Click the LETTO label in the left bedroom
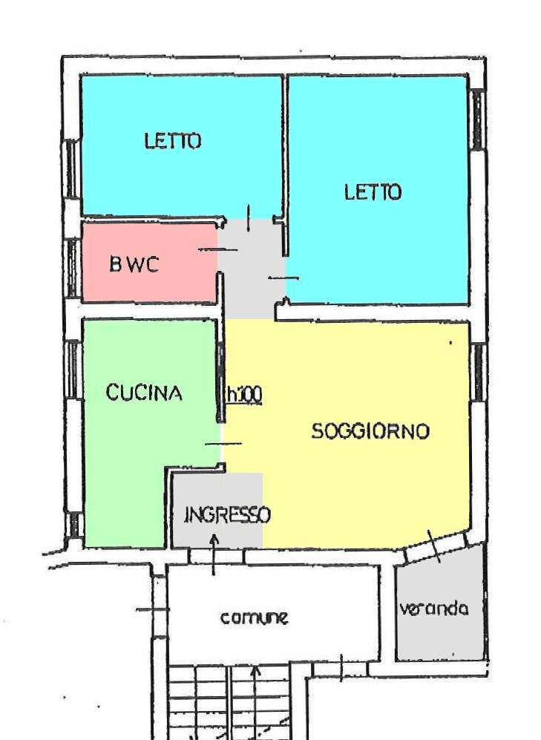[172, 141]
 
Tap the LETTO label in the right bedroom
[373, 193]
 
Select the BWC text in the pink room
[134, 265]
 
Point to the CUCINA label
[144, 393]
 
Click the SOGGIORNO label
[370, 431]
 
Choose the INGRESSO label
[227, 514]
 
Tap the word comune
[254, 617]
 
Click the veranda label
[434, 609]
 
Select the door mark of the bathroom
[217, 250]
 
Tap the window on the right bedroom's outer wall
[478, 119]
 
